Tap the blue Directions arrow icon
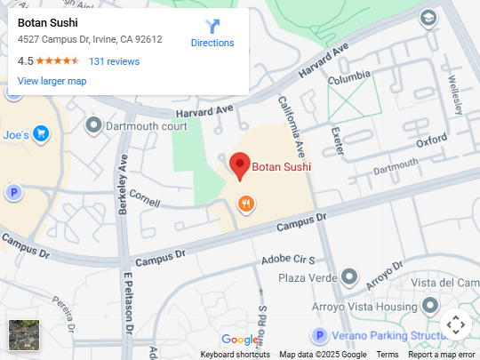[x=212, y=28]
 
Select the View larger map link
[x=52, y=81]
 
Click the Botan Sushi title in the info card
[x=48, y=23]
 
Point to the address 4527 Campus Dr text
[x=90, y=39]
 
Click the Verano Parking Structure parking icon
[x=318, y=335]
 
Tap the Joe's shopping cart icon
[x=42, y=134]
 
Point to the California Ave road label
[x=293, y=124]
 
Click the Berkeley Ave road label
[x=124, y=182]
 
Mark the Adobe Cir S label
[x=288, y=260]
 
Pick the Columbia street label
[x=348, y=80]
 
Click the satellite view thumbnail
[x=24, y=335]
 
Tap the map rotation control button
[x=455, y=324]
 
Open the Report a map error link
[x=441, y=355]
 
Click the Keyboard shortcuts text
[x=235, y=355]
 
